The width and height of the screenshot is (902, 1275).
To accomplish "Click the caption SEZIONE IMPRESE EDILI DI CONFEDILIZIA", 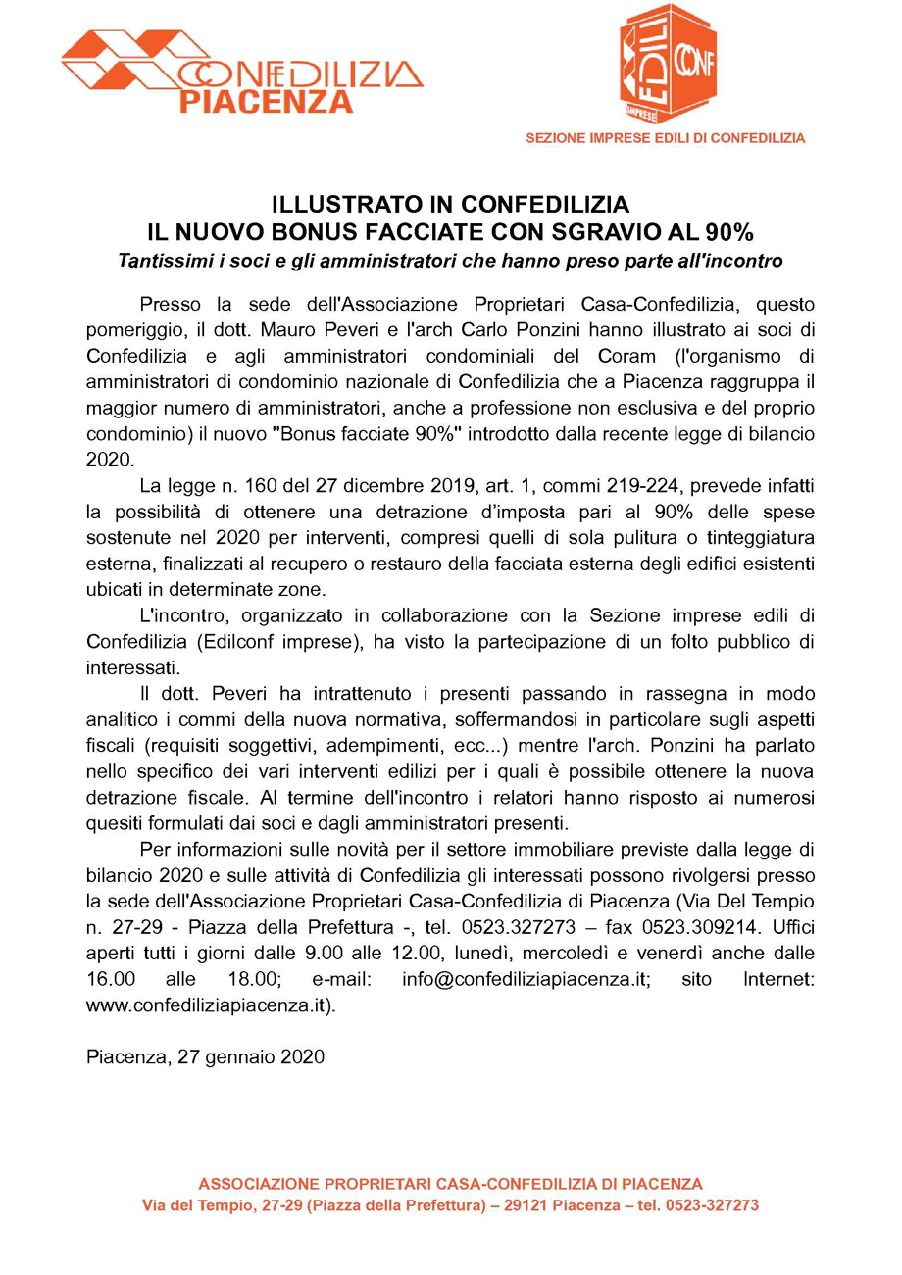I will (666, 138).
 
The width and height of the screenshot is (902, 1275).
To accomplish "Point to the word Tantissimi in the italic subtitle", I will (163, 261).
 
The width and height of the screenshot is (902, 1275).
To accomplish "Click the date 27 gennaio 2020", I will (252, 1057).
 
